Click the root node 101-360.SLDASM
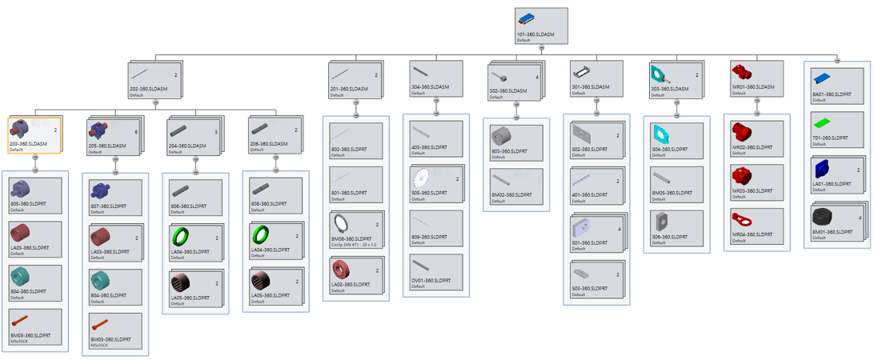[x=541, y=26]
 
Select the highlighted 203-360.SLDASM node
[x=34, y=135]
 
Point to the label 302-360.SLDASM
[x=507, y=91]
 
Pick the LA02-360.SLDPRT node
[x=355, y=274]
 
